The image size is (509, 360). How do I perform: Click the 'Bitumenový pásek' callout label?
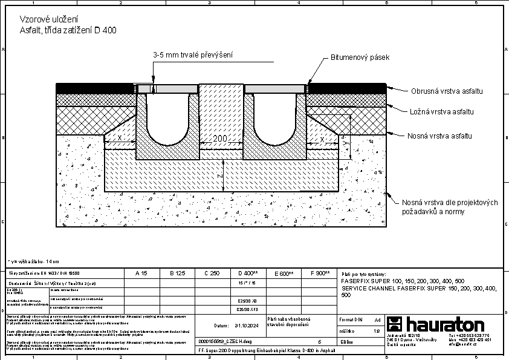(359, 57)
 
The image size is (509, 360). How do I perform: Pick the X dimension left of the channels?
(119, 139)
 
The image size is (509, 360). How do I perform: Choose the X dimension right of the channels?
(322, 139)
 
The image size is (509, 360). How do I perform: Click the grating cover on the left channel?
(167, 88)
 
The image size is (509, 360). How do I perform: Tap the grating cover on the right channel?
(275, 88)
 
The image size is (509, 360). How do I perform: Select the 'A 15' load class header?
(141, 273)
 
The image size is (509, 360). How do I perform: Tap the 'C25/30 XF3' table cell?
(247, 309)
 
